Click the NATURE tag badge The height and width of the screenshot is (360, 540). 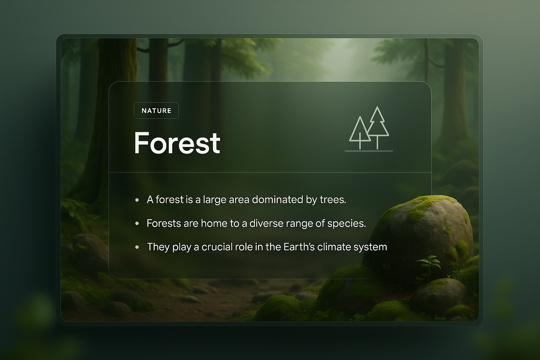pos(156,111)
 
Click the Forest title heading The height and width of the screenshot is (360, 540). pos(177,143)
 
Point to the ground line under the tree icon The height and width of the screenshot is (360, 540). pos(368,151)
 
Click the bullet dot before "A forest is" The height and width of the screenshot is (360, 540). pos(137,200)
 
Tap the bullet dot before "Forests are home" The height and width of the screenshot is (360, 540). pos(137,224)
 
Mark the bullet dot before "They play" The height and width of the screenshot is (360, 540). pos(137,247)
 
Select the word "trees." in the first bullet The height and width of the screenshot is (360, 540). pos(333,200)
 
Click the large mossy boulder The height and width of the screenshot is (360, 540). pos(422,232)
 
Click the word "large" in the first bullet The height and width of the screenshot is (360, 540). pos(214,200)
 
